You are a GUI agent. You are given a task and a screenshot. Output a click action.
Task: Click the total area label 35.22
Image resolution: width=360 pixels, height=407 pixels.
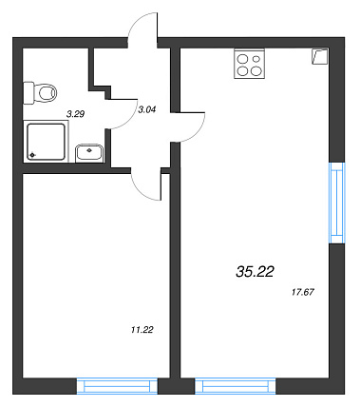pos(255,272)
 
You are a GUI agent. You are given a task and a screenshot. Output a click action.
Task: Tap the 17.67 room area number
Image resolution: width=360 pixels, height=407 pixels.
pos(303,292)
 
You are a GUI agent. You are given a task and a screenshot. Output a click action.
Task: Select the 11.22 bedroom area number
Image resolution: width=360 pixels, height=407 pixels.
pos(142,330)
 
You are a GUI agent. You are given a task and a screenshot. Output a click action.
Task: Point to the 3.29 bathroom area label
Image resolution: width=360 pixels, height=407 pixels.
pos(75,114)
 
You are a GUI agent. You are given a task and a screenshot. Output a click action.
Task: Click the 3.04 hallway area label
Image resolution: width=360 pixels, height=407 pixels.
pos(147,109)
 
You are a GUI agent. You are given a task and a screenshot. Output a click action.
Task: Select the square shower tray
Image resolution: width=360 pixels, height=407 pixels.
pos(46,142)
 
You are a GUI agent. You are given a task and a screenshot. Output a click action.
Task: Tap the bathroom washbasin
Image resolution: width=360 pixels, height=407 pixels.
pos(89,153)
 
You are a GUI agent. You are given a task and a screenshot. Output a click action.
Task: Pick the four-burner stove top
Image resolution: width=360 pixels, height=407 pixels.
pos(249,64)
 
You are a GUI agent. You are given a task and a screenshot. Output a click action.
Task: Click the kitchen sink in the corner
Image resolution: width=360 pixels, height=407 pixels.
pos(320,56)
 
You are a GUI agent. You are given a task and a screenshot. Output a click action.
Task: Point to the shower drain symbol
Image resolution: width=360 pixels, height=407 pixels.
pos(32,155)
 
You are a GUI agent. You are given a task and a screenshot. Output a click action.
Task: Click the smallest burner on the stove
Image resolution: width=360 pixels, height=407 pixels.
pos(256,59)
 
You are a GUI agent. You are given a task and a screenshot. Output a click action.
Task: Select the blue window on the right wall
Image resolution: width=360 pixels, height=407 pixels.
pos(337,203)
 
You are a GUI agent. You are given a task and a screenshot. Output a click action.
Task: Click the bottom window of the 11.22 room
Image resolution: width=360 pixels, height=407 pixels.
pos(117,386)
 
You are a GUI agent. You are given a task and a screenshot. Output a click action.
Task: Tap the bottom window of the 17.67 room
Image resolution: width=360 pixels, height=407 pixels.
pos(236,386)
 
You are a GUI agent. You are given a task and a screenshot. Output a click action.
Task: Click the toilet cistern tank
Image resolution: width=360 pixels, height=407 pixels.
pos(28,93)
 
